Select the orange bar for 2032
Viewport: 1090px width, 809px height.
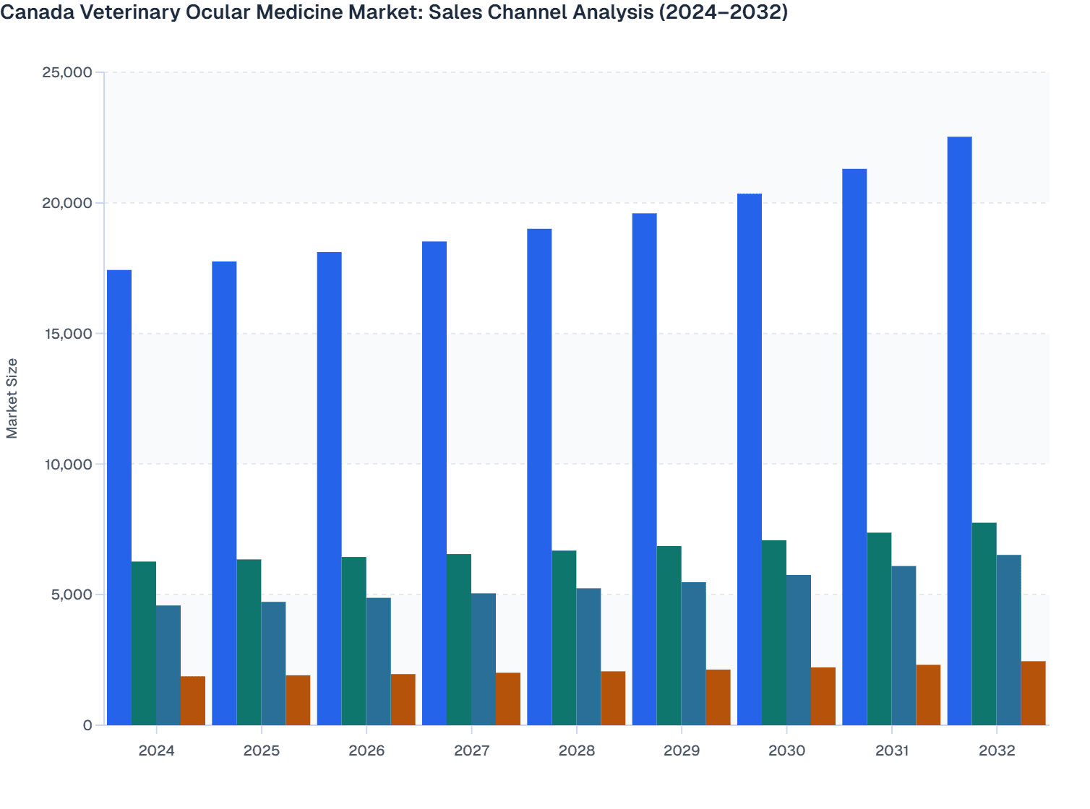point(1033,693)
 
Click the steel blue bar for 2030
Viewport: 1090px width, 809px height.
point(799,650)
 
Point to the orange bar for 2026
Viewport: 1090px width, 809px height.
point(403,699)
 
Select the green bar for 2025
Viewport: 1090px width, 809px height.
point(249,642)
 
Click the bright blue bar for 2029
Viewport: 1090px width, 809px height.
point(644,469)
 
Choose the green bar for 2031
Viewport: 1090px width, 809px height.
point(879,628)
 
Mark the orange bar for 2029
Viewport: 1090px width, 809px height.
point(718,697)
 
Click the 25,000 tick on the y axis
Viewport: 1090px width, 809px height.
point(67,72)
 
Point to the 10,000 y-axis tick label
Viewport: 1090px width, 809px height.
point(67,464)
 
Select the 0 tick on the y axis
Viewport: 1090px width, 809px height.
point(87,725)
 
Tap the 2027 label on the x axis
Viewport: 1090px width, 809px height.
point(471,750)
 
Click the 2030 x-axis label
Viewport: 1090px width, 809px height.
point(786,750)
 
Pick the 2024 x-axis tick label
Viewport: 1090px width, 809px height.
point(156,750)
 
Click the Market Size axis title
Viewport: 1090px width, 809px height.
point(12,398)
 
